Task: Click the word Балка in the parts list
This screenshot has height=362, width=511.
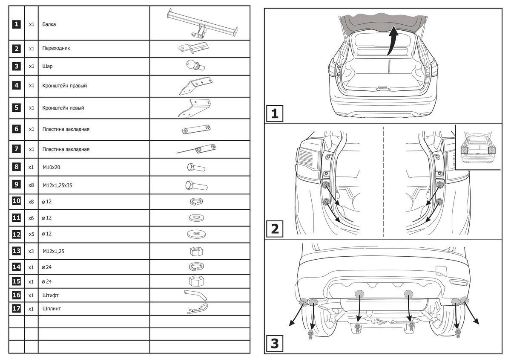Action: (49, 24)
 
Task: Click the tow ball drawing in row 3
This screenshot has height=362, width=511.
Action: (194, 66)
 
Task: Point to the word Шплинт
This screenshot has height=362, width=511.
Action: (51, 308)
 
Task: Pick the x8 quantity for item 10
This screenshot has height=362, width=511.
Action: (31, 201)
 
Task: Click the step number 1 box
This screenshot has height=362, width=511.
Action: (275, 114)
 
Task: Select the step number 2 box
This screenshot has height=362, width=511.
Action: (275, 229)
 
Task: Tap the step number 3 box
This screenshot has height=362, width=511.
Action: (275, 344)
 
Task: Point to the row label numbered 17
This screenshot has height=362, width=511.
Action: (16, 308)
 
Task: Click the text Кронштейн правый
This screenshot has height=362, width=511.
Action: (65, 86)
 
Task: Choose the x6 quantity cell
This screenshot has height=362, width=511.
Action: (31, 218)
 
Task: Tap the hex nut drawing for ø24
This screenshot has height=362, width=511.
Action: (196, 281)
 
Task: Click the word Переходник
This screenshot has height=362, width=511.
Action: (56, 49)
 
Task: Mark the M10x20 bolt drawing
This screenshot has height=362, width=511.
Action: (196, 167)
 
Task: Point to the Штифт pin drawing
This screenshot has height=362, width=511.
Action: (196, 295)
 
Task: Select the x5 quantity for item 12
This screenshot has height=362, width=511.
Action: (31, 235)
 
